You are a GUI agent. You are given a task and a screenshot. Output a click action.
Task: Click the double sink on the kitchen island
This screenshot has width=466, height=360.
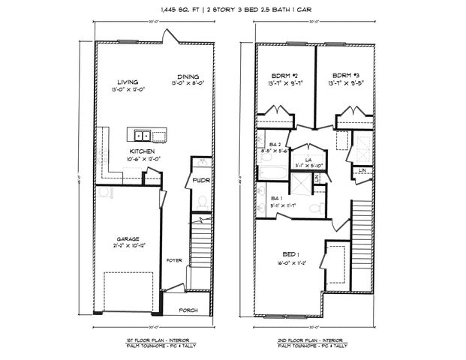point(142,136)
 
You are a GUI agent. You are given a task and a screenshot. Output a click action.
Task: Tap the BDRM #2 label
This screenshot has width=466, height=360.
point(285,76)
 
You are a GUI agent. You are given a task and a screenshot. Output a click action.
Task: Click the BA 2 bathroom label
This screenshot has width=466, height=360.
point(275,144)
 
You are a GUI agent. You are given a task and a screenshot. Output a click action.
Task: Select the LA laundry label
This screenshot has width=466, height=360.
point(308,159)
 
